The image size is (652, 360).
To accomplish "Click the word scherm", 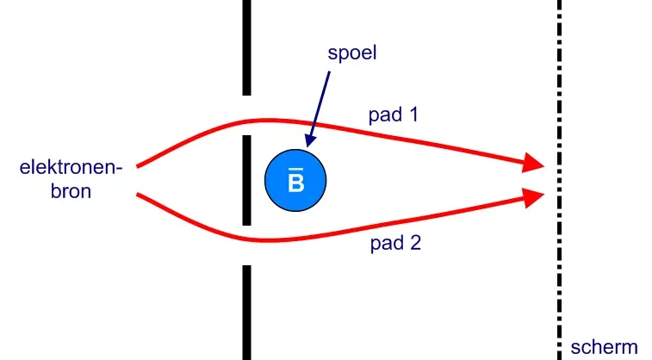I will tap(604, 347).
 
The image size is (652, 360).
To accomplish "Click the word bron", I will tap(71, 190).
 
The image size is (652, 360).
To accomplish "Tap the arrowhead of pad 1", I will tap(534, 163).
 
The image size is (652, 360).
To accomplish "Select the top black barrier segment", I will tap(246, 47).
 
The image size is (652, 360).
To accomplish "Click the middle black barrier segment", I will tap(246, 180).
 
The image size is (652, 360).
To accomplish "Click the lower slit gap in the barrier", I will tap(246, 246).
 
